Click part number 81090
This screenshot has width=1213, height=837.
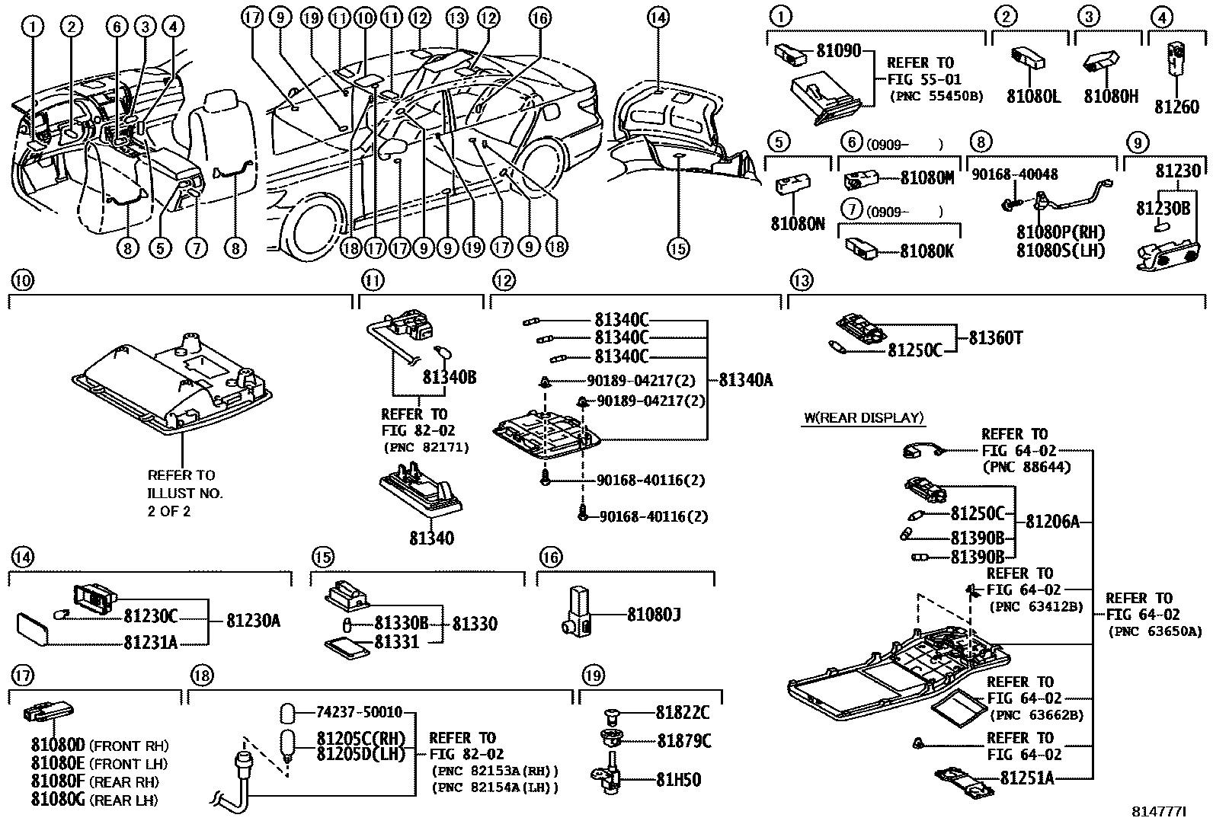[838, 52]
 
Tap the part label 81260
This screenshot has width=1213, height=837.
[1177, 107]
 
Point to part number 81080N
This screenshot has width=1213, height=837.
[797, 225]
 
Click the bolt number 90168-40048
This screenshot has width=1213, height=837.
[1014, 174]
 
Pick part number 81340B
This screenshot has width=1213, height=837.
[449, 377]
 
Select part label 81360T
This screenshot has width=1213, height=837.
[995, 337]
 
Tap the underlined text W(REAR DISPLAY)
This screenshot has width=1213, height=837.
[863, 417]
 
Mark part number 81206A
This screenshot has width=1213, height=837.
[1053, 522]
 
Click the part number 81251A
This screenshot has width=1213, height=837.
[1027, 778]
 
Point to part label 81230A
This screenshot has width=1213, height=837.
[253, 621]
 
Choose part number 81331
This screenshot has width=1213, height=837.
[396, 642]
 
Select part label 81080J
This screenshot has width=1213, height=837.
[653, 613]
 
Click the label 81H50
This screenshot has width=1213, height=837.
[678, 779]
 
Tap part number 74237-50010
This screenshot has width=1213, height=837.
[359, 713]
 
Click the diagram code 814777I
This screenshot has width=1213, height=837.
[1160, 812]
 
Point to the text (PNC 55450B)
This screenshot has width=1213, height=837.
[936, 97]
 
